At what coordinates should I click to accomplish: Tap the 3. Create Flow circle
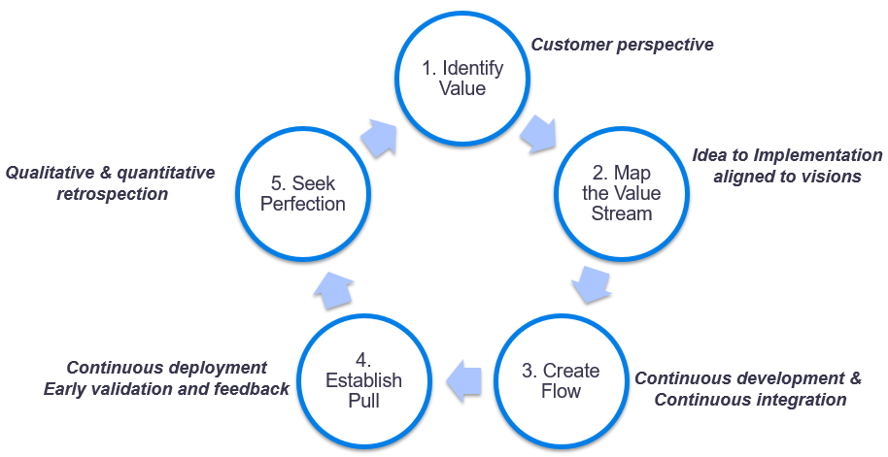(x=561, y=380)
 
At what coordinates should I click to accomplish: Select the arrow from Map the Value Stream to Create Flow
(x=590, y=283)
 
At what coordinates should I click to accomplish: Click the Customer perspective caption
(x=623, y=45)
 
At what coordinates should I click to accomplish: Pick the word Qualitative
(x=51, y=173)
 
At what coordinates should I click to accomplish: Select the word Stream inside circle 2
(x=622, y=212)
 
